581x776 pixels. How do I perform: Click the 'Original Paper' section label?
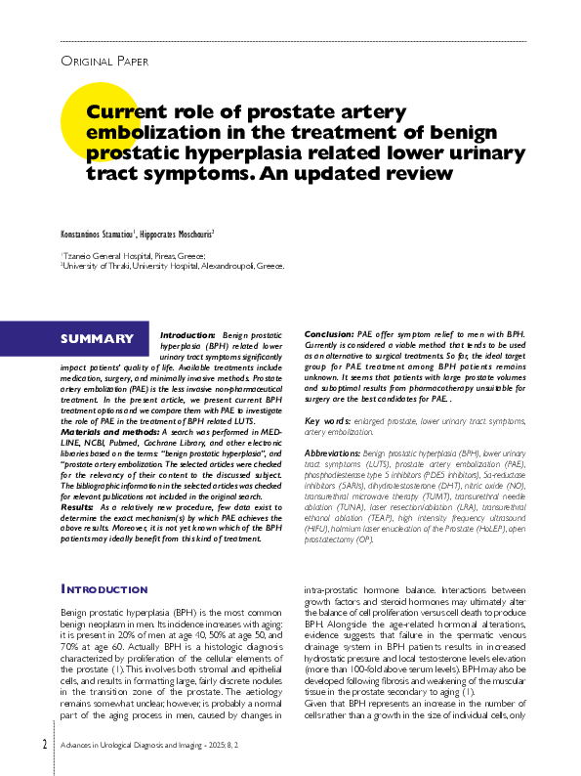[x=104, y=61]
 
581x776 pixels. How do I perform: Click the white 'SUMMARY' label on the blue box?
[x=97, y=339]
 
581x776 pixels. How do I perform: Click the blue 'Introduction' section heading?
[x=104, y=589]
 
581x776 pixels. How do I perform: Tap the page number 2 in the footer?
[x=44, y=745]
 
